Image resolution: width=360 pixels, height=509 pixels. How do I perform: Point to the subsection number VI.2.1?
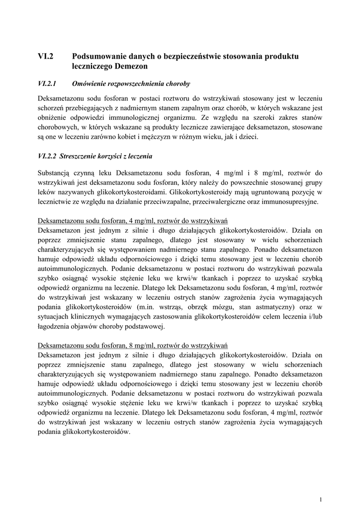[x=48, y=83]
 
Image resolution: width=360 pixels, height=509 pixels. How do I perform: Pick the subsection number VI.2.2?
[x=48, y=156]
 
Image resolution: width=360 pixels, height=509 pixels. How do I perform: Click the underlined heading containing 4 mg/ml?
[x=132, y=221]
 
